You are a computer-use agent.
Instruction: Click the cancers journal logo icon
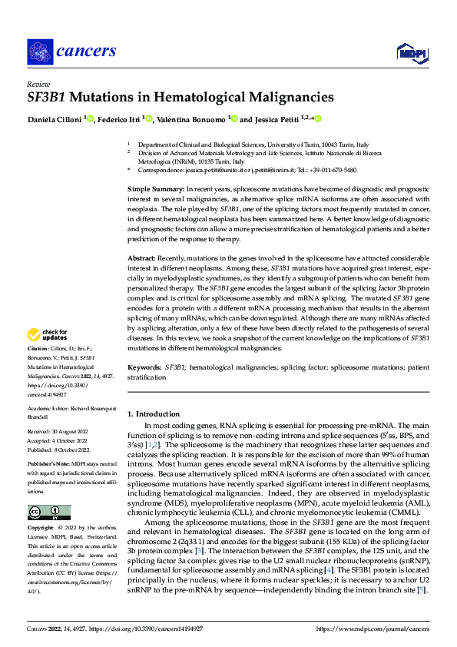tap(39, 51)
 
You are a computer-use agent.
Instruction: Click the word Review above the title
tap(38, 84)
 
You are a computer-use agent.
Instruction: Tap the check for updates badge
tap(47, 335)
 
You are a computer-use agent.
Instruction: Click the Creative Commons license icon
tap(48, 513)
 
